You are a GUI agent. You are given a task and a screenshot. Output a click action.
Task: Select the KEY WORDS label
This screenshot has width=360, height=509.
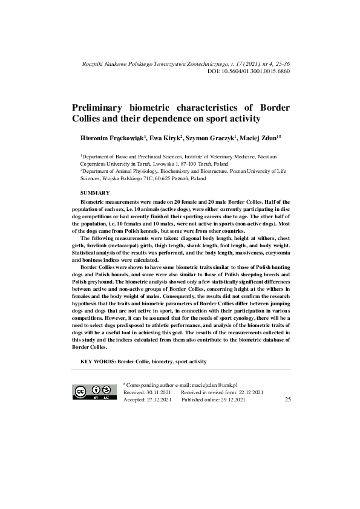(97, 361)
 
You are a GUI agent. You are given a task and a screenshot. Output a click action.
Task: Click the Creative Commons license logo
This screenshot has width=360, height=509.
(95, 392)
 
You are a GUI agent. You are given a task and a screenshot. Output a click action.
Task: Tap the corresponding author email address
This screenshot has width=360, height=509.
(214, 385)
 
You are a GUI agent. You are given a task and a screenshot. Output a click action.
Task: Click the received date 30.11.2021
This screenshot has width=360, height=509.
(160, 392)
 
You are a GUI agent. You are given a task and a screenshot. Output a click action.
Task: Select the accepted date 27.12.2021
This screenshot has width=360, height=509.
(160, 400)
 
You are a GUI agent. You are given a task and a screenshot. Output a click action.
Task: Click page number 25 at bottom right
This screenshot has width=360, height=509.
(287, 400)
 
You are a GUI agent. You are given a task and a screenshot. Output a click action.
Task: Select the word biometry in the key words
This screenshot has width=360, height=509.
(159, 361)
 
